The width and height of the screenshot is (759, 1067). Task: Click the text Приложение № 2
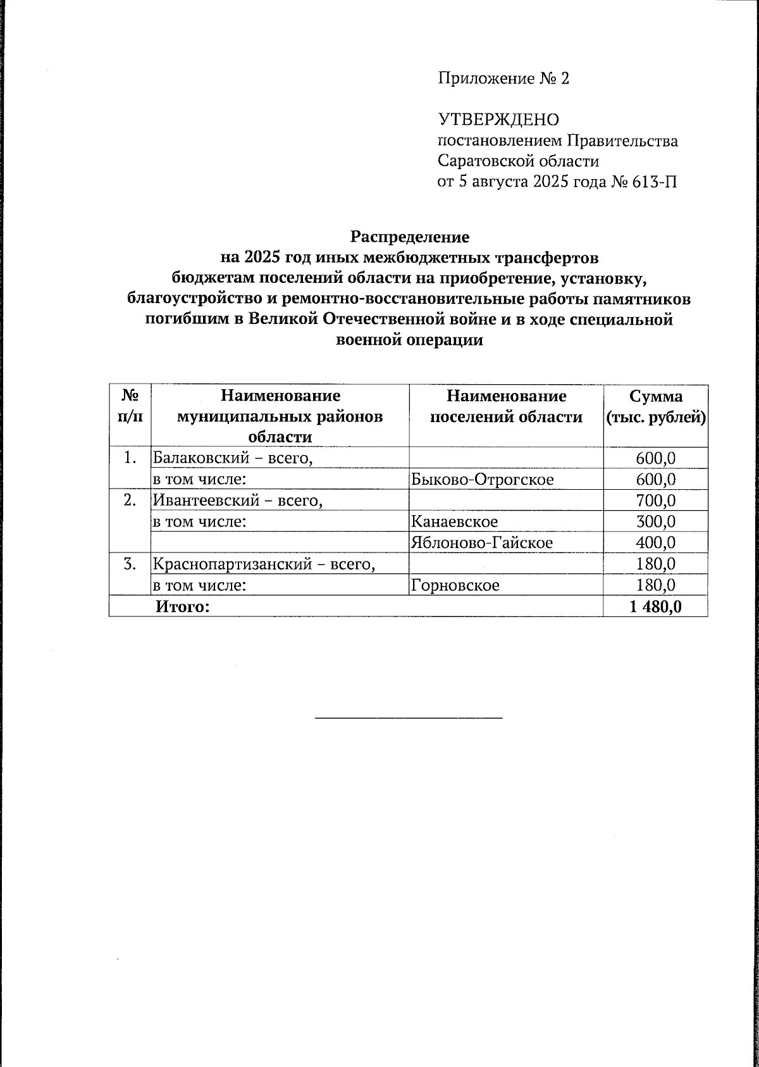point(503,78)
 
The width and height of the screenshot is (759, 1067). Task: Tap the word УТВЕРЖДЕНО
point(499,120)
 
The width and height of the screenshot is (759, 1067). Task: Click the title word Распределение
point(410,237)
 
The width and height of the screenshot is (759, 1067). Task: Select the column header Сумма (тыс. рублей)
point(656,407)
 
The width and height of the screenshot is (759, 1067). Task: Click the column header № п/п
point(130,407)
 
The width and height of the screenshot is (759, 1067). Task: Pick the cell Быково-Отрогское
point(482,479)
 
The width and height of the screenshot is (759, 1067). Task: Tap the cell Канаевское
point(454,521)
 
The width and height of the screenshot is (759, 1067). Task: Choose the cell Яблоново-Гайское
point(481,542)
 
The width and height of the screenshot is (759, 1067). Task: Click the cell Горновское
point(455,585)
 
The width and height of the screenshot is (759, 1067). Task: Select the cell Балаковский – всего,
point(233,458)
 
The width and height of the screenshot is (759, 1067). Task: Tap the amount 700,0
point(656,501)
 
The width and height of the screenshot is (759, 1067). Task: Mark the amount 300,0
point(656,521)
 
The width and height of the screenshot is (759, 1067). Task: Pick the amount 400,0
point(656,542)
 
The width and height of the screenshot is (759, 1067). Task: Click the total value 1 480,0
point(655,607)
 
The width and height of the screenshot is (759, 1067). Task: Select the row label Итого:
point(182,607)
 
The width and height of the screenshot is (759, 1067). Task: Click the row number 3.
point(130,564)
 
